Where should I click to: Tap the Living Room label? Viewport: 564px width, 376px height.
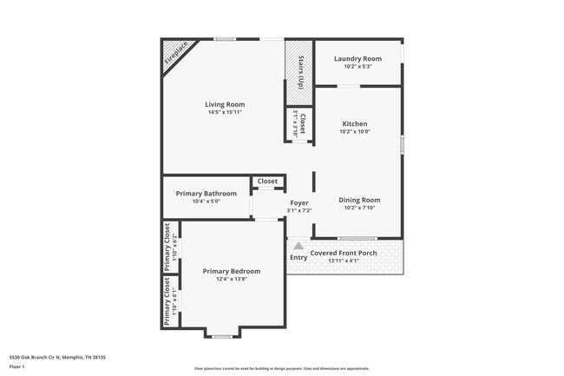pyautogui.click(x=224, y=104)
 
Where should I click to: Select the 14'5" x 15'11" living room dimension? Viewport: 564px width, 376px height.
pyautogui.click(x=224, y=112)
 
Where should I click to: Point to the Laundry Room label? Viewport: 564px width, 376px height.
pyautogui.click(x=358, y=58)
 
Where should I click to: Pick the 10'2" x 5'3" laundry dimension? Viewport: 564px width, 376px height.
pyautogui.click(x=358, y=66)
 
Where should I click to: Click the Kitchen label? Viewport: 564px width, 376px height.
pyautogui.click(x=355, y=124)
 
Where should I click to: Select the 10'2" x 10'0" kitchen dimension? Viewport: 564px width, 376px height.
pyautogui.click(x=355, y=132)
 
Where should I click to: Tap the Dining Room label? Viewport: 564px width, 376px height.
pyautogui.click(x=359, y=200)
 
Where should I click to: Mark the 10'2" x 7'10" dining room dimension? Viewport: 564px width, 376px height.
pyautogui.click(x=359, y=208)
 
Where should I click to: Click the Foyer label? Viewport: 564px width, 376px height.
pyautogui.click(x=298, y=202)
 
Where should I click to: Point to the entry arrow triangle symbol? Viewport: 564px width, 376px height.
pyautogui.click(x=298, y=246)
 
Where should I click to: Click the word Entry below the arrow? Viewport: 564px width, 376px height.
pyautogui.click(x=298, y=257)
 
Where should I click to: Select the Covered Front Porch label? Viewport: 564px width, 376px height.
pyautogui.click(x=344, y=253)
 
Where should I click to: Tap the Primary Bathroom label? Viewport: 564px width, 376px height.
pyautogui.click(x=206, y=193)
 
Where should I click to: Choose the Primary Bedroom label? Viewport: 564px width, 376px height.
pyautogui.click(x=232, y=271)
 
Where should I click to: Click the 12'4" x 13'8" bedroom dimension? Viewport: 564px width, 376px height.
pyautogui.click(x=232, y=279)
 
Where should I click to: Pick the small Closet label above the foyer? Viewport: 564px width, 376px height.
pyautogui.click(x=267, y=181)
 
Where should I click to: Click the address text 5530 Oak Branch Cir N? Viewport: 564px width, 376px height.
pyautogui.click(x=51, y=357)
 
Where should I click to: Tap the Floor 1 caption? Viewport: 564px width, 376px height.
pyautogui.click(x=17, y=366)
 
